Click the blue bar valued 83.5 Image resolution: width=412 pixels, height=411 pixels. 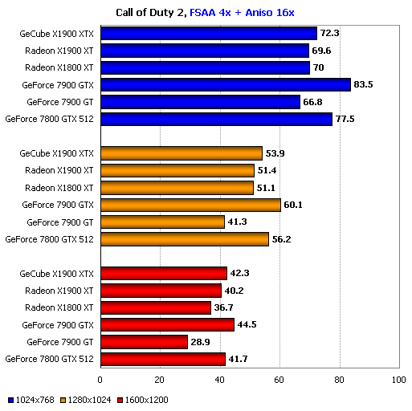[x=225, y=84]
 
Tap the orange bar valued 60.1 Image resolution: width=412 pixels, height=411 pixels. [x=190, y=205]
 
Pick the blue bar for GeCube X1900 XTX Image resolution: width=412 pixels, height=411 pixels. [x=209, y=33]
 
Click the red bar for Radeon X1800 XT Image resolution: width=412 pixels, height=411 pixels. [x=155, y=307]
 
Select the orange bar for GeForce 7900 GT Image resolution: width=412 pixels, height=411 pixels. [x=162, y=222]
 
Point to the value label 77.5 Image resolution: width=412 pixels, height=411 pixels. [x=345, y=119]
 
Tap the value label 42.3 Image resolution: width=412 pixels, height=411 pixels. [x=240, y=274]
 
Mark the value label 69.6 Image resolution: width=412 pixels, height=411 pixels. [x=322, y=51]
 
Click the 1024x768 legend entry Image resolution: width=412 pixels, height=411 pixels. [x=31, y=399]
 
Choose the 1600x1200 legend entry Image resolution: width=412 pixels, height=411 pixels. [x=146, y=399]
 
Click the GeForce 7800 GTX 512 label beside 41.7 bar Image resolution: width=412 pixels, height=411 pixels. [x=50, y=359]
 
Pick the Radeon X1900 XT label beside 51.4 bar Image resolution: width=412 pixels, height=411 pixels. [x=59, y=170]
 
